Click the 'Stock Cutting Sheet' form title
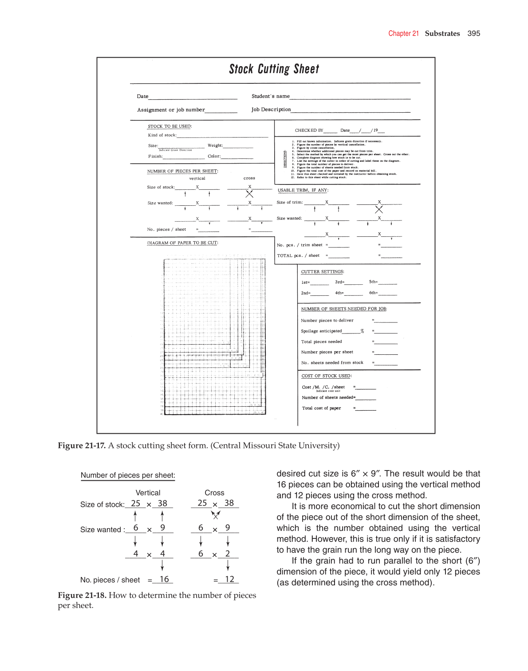pos(274,69)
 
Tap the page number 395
pos(473,34)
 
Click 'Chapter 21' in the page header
pos(403,34)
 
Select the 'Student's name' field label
pos(270,96)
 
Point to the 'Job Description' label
pos(271,110)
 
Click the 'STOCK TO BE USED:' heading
pos(169,126)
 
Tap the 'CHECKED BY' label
pos(309,130)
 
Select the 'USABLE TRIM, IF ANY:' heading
pos(303,190)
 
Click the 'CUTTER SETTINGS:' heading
pos(322,271)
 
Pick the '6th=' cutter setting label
pos(373,293)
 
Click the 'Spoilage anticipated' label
pos(321,331)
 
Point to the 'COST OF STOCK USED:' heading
pos(326,376)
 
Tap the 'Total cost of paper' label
pos(321,408)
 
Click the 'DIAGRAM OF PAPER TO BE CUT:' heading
pos(182,243)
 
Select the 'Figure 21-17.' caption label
pos(82,445)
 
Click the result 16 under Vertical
pos(164,579)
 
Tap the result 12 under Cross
pos(229,579)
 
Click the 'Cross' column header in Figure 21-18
pos(214,493)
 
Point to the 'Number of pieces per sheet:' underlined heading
pos(128,475)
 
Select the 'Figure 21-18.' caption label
pos(82,595)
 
